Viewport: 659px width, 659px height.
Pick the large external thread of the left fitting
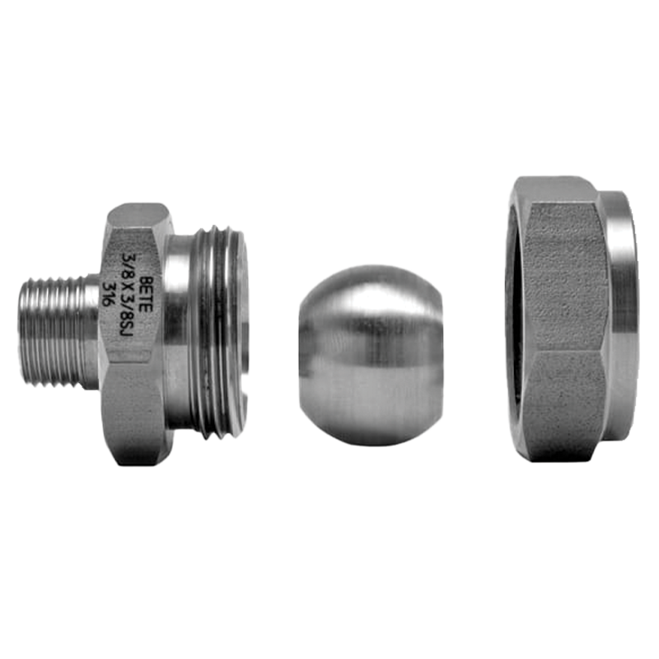[x=218, y=332]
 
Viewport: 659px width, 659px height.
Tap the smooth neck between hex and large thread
[x=176, y=332]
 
